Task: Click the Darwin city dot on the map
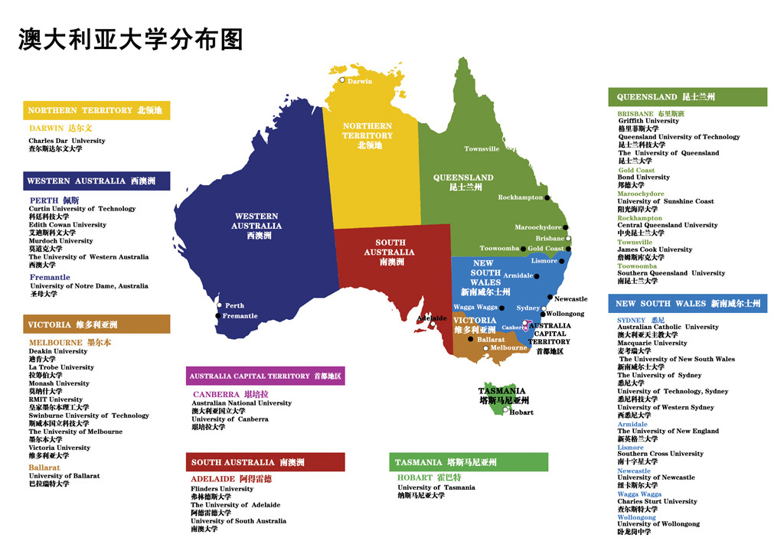pos(342,80)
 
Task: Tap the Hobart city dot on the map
pos(505,411)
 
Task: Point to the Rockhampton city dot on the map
pos(547,197)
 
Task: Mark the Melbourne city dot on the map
pos(485,348)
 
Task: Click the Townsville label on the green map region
pos(482,149)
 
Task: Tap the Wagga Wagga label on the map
pos(475,308)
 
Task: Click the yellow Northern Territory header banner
pos(96,110)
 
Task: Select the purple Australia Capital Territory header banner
pos(265,376)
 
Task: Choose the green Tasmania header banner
pos(468,462)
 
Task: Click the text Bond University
pos(644,178)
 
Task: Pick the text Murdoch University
pos(61,241)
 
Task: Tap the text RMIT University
pos(56,399)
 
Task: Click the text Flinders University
pos(222,489)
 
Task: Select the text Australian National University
pos(241,403)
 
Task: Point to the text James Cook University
pos(655,249)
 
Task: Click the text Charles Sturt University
pos(658,502)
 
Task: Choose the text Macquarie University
pos(652,343)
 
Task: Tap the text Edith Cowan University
pos(67,225)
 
